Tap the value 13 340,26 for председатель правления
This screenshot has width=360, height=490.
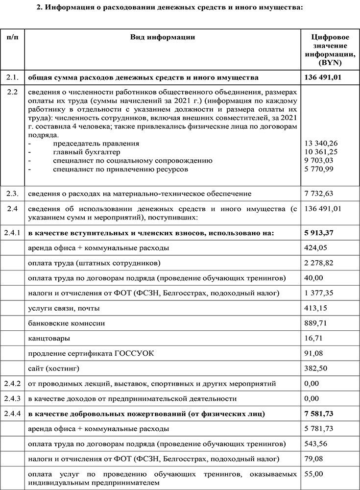(321, 144)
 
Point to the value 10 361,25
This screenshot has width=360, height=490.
(321, 152)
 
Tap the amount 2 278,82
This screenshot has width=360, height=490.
(319, 263)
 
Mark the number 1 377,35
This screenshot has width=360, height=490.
(319, 293)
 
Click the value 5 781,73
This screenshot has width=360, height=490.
(319, 429)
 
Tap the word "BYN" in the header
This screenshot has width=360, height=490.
(330, 63)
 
